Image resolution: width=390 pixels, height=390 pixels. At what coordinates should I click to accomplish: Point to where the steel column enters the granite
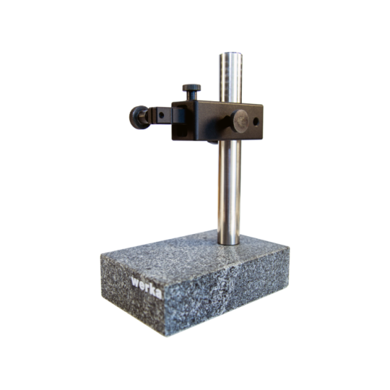230,243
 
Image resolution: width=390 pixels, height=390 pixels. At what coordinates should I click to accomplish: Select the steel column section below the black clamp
230,191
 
